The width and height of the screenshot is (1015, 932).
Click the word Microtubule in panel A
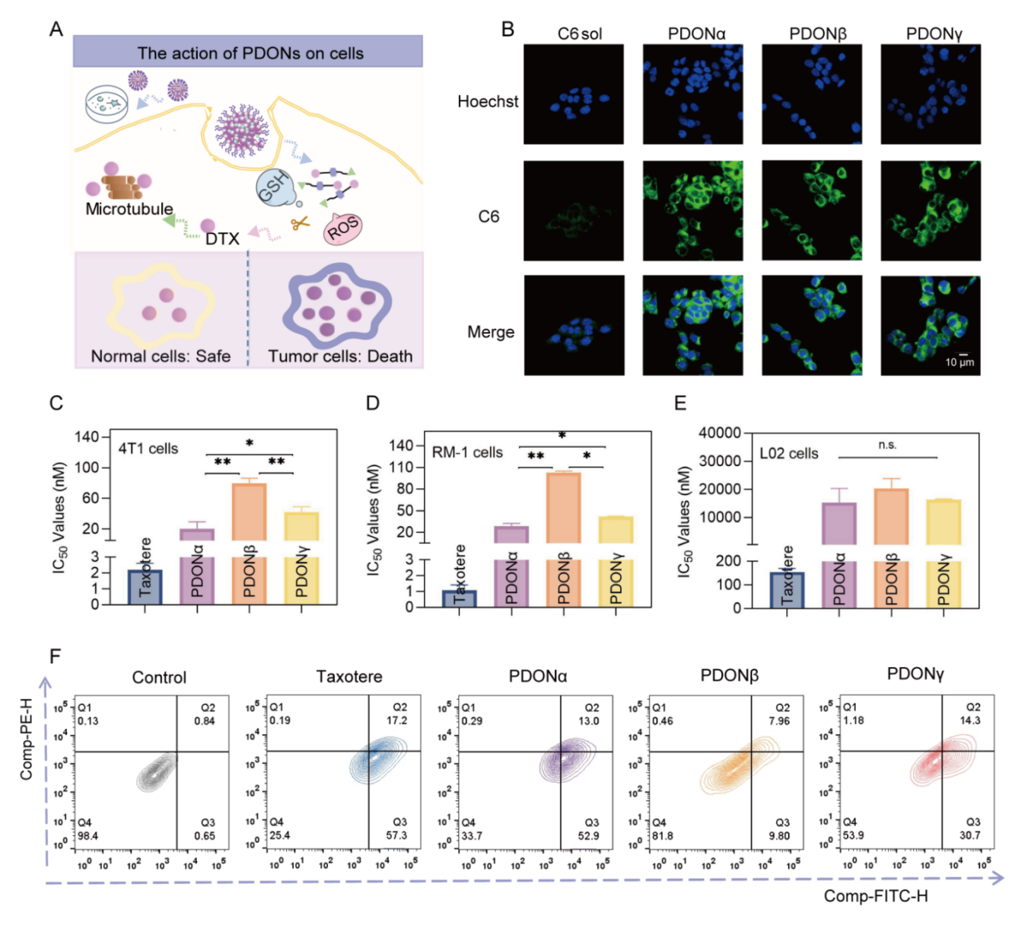pyautogui.click(x=129, y=209)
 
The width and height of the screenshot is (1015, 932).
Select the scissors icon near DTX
pyautogui.click(x=300, y=224)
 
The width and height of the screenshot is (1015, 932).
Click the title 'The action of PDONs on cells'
pyautogui.click(x=250, y=53)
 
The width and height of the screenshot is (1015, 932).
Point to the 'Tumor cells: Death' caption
pyautogui.click(x=340, y=356)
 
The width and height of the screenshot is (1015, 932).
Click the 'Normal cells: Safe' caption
pyautogui.click(x=161, y=356)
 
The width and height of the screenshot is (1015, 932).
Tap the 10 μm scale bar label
pyautogui.click(x=959, y=362)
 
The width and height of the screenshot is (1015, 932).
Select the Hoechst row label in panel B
pyautogui.click(x=488, y=101)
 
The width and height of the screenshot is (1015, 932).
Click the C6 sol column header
pyautogui.click(x=579, y=34)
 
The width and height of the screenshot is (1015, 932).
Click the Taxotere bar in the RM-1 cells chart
pyautogui.click(x=460, y=598)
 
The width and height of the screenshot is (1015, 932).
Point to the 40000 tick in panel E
pyautogui.click(x=720, y=432)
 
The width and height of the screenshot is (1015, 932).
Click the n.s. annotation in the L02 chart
pyautogui.click(x=887, y=445)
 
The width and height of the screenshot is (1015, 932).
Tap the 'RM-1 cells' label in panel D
pyautogui.click(x=467, y=452)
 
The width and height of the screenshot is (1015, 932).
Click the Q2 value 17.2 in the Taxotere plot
pyautogui.click(x=396, y=720)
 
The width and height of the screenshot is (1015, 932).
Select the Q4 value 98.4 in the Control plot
pyautogui.click(x=88, y=835)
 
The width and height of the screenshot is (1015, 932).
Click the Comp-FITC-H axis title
pyautogui.click(x=876, y=896)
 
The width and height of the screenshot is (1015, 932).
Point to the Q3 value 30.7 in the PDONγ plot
pyautogui.click(x=970, y=835)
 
